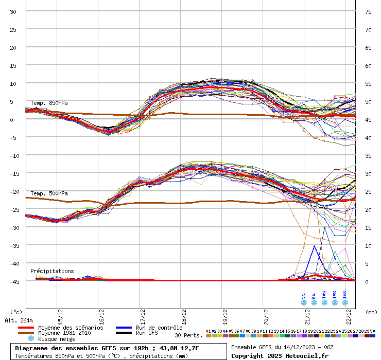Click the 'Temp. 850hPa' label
[49, 103]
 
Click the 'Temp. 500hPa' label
[49, 193]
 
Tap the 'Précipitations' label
[52, 271]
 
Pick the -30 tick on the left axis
[13, 227]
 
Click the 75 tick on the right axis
[369, 11]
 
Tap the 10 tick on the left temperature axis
[13, 83]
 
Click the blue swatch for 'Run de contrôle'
[124, 328]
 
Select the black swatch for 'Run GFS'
[124, 333]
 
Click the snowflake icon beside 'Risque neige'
[31, 339]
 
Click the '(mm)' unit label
[371, 312]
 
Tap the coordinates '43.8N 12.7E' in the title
[178, 348]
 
